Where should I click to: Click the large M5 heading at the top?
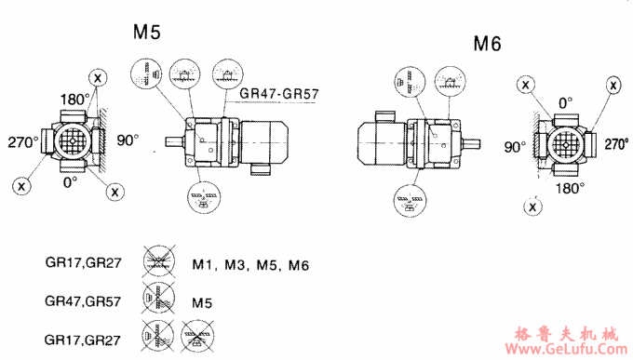[x=147, y=33]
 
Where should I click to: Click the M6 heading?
[x=488, y=44]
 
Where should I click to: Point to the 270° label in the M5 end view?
[x=24, y=141]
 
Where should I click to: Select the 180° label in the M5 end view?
[x=74, y=99]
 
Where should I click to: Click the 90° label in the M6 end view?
[x=515, y=147]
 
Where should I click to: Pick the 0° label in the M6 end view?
[x=564, y=101]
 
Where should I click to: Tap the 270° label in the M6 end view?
[x=616, y=145]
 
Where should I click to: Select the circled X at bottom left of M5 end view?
[x=20, y=185]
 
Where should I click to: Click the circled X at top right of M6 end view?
[x=614, y=85]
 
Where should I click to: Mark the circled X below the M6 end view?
[x=532, y=206]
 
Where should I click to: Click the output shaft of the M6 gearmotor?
[x=473, y=142]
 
